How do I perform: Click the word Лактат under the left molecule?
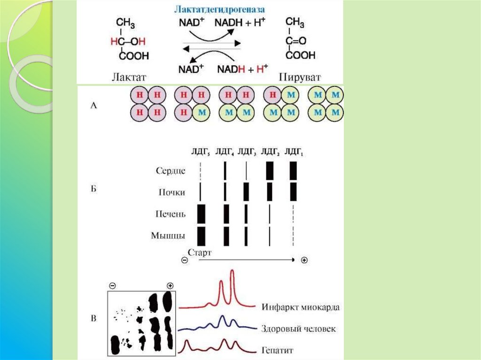[130, 77]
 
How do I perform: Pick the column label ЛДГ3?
[247, 151]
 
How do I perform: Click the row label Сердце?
[171, 171]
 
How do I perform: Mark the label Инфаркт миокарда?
[299, 307]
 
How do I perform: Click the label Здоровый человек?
[298, 329]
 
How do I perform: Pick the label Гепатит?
[276, 350]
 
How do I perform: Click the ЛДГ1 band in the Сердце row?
[294, 171]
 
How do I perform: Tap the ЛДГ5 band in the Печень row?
[202, 214]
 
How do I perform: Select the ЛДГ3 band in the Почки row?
[246, 191]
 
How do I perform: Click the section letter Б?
[93, 192]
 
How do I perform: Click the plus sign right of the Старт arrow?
[304, 260]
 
